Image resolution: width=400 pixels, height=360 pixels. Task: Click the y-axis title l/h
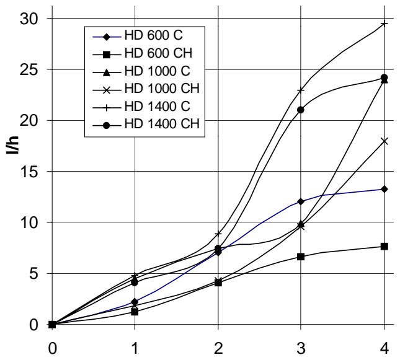coord(12,146)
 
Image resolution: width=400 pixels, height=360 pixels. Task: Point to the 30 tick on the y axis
coord(28,19)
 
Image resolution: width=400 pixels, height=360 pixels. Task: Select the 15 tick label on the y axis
coord(28,172)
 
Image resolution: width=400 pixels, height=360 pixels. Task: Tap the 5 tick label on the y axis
coord(32,274)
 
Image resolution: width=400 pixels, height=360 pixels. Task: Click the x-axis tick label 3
coord(301,348)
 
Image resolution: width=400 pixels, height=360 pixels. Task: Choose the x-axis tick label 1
coord(135,348)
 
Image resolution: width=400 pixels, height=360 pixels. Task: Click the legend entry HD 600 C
coord(138,36)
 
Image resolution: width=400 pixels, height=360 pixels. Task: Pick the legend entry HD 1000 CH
coord(146,89)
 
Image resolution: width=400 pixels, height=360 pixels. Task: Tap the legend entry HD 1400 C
coord(141,107)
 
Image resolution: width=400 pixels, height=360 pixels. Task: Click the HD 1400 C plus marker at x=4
coord(384,24)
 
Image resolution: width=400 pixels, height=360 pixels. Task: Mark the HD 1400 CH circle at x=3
coord(301,110)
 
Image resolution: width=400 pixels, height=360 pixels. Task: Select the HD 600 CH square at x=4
coord(384,246)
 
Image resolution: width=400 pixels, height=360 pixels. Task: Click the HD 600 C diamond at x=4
coord(384,189)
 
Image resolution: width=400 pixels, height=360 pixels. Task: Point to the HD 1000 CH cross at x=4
coord(384,141)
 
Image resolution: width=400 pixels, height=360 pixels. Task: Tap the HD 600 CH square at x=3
coord(301,257)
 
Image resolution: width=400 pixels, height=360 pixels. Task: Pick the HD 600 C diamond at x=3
coord(301,201)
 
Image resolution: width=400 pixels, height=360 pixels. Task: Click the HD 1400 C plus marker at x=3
coord(301,90)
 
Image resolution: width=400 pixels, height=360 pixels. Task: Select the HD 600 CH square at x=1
coord(135,312)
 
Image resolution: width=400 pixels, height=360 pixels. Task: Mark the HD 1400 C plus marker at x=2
coord(218,234)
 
